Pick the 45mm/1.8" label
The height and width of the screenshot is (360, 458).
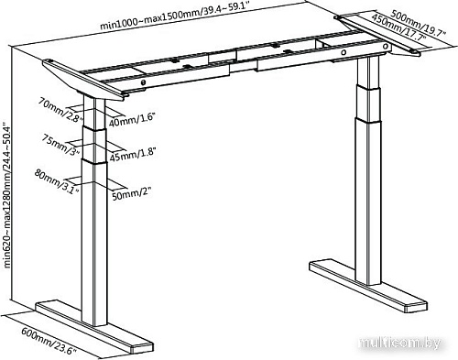pos(130,153)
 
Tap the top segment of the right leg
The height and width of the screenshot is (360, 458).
pos(368,82)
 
